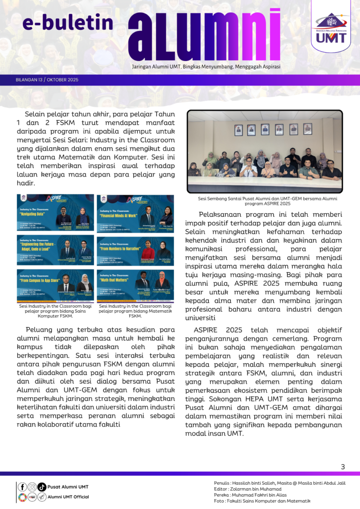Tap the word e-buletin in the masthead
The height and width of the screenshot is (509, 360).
click(x=68, y=22)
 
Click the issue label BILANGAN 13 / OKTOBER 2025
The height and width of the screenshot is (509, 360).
click(x=47, y=80)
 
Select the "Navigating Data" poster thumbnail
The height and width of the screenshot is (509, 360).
click(x=55, y=212)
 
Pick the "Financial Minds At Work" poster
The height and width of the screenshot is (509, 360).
click(x=136, y=212)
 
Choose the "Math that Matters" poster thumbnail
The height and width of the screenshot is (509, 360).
click(x=136, y=285)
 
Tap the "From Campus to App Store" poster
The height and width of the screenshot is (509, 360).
click(x=55, y=285)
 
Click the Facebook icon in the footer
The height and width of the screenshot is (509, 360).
click(x=22, y=487)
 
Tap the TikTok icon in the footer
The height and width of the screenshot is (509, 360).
click(x=42, y=487)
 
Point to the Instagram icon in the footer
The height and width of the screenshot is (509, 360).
click(x=32, y=487)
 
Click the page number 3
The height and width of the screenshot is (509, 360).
click(x=343, y=466)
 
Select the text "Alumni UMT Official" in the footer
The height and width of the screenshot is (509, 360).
click(x=68, y=497)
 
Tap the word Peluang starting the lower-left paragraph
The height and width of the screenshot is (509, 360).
click(x=41, y=329)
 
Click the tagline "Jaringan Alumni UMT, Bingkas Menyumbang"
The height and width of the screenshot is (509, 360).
click(x=206, y=67)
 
